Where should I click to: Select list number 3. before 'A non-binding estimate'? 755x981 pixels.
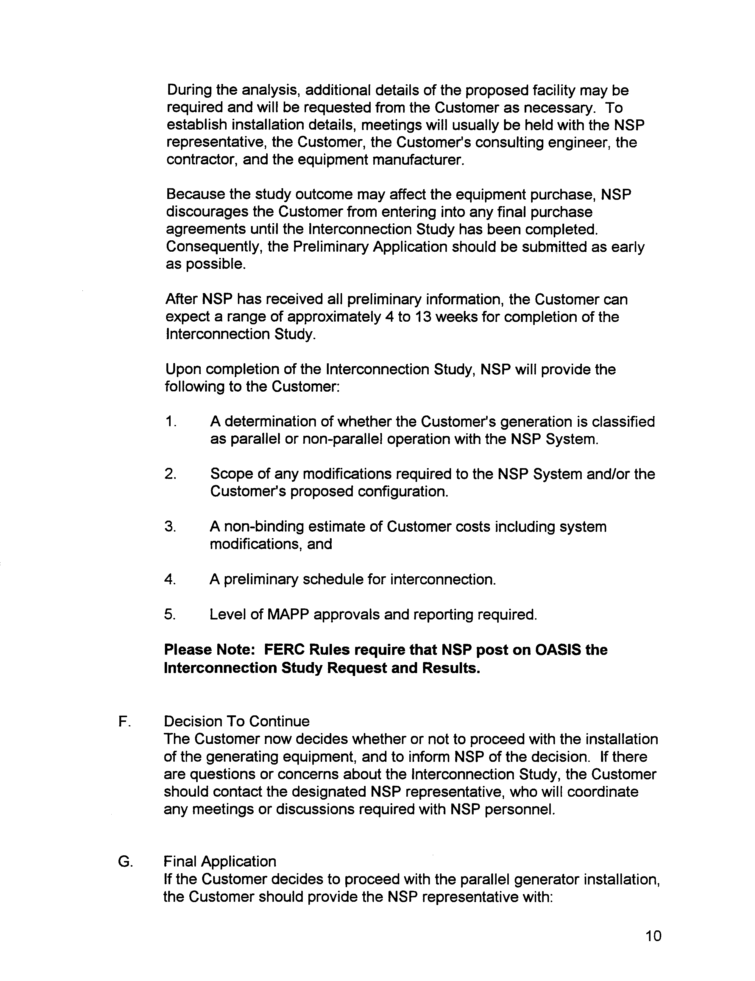click(170, 527)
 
